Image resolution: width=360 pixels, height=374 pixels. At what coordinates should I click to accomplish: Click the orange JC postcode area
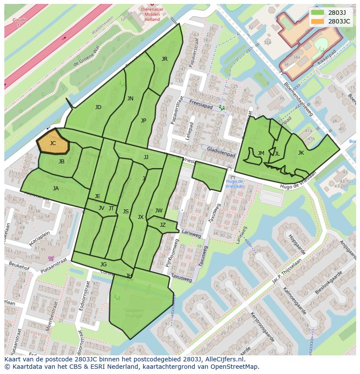point(53,142)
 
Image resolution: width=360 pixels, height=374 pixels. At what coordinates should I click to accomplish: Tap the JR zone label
point(164,59)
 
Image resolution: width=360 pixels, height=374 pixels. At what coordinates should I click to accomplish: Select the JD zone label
point(98,107)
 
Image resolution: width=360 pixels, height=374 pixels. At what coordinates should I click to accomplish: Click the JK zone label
point(301,153)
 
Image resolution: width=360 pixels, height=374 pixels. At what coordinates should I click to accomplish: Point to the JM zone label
point(261,153)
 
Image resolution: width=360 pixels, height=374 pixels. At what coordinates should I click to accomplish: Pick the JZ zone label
point(163,225)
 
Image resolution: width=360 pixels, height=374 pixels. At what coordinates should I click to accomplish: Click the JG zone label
point(103,265)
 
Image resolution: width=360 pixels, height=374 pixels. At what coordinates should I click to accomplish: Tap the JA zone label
point(56,189)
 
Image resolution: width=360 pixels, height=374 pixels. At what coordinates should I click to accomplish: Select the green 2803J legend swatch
point(317,12)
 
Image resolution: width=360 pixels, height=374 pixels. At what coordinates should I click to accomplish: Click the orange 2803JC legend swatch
point(317,21)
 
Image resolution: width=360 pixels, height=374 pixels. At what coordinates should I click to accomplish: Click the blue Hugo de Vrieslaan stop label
point(234,184)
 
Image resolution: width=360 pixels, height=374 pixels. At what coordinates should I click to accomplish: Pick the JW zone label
point(159,211)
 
